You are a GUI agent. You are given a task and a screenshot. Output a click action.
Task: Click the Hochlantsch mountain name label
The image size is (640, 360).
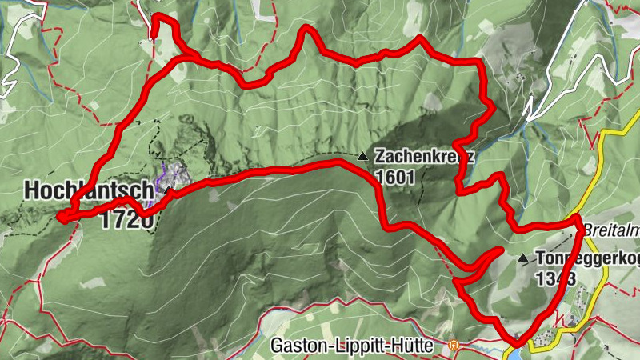tap(88, 191)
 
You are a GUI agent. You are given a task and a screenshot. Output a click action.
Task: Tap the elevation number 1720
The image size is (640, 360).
tap(126, 219)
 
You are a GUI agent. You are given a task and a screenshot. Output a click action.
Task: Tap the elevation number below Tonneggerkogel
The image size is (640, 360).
tap(556, 278)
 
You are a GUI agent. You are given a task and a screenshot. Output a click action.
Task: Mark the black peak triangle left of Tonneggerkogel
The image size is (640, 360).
tap(522, 258)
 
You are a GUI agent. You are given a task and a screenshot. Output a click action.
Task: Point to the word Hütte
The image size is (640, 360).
tap(417, 346)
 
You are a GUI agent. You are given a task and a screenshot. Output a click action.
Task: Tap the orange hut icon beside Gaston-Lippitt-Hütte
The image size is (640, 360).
tap(454, 346)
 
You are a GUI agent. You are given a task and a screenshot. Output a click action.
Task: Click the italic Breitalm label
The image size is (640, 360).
tap(611, 229)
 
